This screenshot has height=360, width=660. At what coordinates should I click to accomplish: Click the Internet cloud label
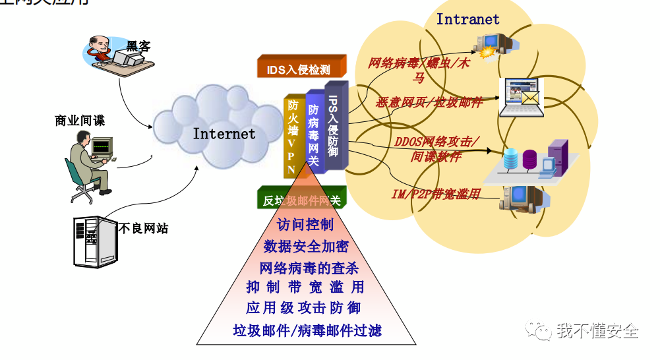(x=224, y=134)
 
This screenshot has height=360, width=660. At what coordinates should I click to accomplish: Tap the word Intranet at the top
(x=467, y=19)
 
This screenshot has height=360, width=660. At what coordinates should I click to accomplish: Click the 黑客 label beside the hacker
(x=138, y=46)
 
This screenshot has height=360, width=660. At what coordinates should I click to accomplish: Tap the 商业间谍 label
(x=80, y=121)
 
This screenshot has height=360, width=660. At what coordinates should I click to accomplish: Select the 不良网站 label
(x=143, y=228)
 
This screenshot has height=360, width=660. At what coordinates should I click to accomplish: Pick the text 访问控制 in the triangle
(x=305, y=224)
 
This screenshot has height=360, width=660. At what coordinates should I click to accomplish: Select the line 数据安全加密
(x=306, y=247)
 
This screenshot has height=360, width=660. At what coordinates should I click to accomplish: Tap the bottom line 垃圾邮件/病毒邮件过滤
(x=307, y=330)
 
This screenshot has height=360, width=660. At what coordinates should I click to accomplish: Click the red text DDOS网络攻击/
(x=436, y=142)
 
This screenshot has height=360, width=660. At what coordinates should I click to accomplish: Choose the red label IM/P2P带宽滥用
(x=435, y=194)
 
